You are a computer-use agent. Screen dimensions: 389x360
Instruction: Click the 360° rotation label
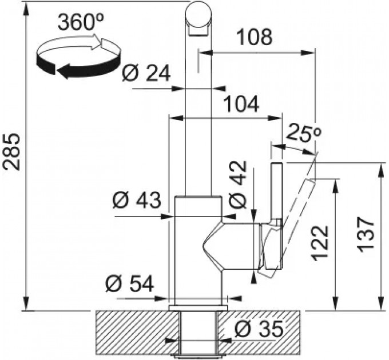point(81,22)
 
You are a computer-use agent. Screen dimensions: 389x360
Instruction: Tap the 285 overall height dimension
point(11,152)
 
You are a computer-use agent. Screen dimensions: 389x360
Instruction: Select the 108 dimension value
point(255,37)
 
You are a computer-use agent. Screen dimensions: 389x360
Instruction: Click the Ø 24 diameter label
point(146,73)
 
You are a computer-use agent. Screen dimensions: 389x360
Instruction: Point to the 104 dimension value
point(241,104)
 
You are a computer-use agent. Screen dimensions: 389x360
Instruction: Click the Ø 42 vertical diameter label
point(237,185)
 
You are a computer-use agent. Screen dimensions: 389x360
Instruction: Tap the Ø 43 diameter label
point(137,200)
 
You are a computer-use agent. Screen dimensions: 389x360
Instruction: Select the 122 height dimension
point(320,243)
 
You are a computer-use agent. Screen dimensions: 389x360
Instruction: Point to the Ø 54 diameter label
point(130,283)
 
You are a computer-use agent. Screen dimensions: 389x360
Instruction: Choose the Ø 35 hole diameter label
point(259,329)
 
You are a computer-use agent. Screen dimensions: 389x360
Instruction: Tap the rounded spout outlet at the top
point(199,19)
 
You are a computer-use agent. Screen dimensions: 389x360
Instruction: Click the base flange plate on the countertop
point(199,308)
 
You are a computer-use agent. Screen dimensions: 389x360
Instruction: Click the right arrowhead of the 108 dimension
point(308,53)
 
